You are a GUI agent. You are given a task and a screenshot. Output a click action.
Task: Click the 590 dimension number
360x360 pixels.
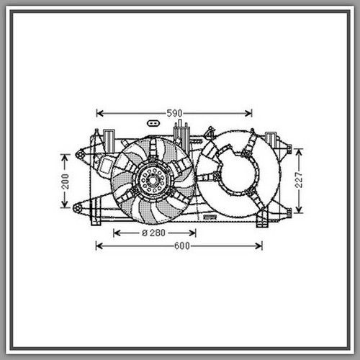click(174, 113)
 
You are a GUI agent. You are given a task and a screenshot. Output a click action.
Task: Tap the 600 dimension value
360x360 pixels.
click(182, 246)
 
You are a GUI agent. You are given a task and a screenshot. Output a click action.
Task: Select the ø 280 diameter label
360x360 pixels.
click(153, 233)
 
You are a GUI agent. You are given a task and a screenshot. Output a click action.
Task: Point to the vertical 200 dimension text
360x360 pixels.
click(65, 181)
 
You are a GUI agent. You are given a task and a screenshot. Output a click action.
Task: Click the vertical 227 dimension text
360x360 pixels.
click(299, 180)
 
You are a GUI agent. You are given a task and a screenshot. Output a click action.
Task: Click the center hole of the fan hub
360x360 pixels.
click(152, 180)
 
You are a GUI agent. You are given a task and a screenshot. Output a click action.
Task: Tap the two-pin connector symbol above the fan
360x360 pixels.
click(153, 123)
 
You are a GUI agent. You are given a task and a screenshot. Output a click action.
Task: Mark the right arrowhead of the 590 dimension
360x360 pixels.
click(248, 113)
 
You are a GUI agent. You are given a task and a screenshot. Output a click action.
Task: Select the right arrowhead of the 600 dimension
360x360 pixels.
click(258, 246)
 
